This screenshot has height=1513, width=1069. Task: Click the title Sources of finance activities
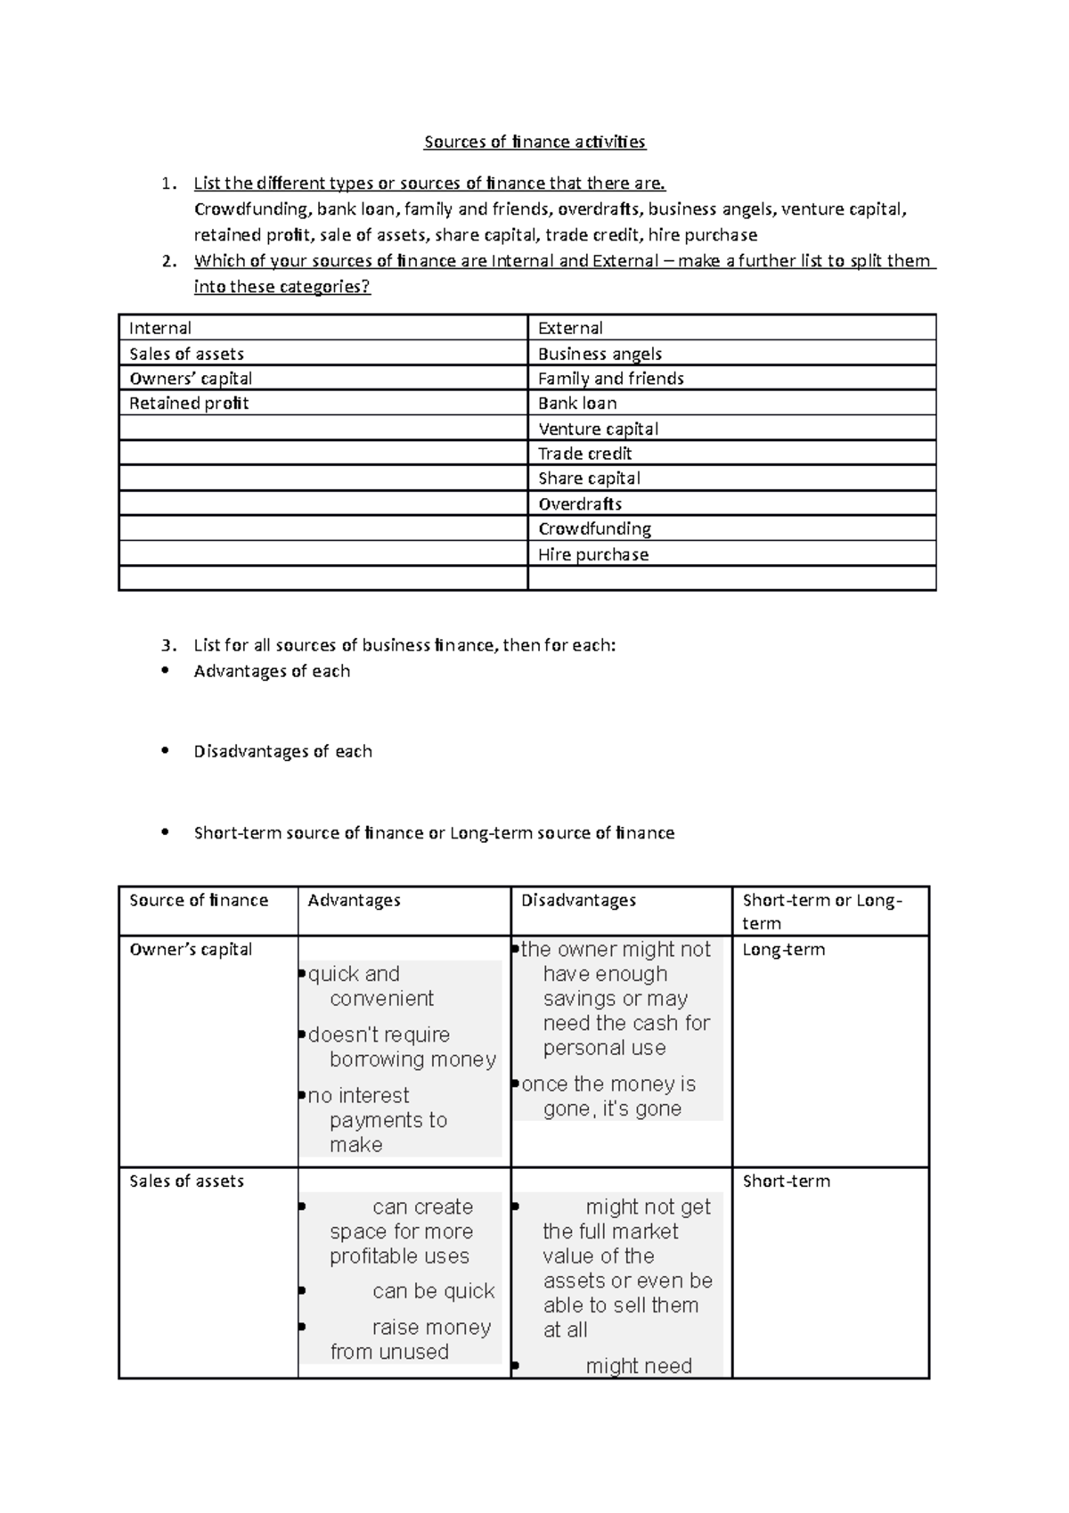[534, 142]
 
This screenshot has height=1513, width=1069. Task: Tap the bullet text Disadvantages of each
[282, 751]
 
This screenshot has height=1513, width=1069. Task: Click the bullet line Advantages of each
[272, 671]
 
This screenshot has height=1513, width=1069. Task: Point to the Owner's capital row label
[191, 950]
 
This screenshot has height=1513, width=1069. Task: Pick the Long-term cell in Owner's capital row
[783, 950]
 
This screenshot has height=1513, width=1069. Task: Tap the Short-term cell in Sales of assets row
[786, 1182]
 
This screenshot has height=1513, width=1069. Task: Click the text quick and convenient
[370, 986]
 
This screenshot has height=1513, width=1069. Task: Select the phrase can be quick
[433, 1291]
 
